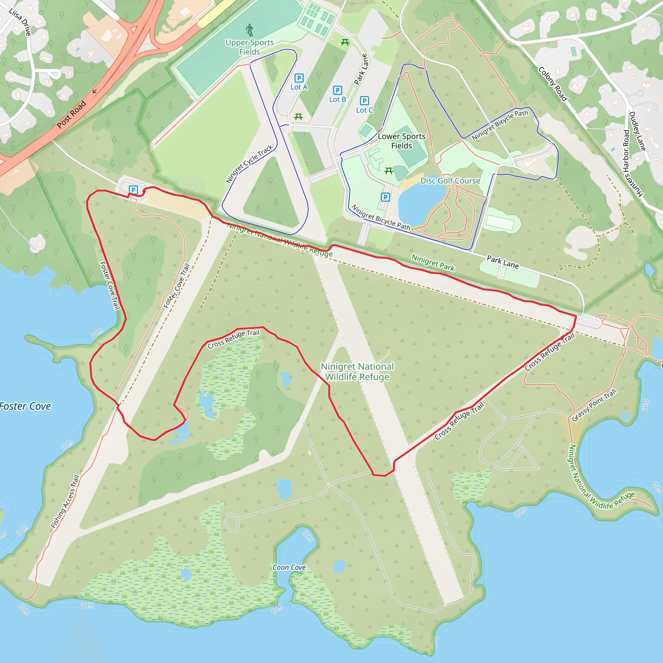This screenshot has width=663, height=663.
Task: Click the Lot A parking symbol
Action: point(299,78)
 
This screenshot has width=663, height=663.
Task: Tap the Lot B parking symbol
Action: point(338,90)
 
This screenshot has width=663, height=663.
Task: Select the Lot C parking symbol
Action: point(365,101)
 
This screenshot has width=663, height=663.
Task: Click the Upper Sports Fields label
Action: point(250,47)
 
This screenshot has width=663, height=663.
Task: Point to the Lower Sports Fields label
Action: point(401,141)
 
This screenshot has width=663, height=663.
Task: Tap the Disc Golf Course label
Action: point(450,181)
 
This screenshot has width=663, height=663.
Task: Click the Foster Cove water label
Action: point(25,406)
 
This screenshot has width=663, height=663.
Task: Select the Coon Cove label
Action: point(289,567)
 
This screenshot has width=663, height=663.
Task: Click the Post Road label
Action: point(71,115)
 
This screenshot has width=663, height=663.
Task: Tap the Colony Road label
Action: point(553,84)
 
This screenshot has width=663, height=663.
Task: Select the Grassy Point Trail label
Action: point(594,405)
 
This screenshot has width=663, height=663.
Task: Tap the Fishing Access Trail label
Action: point(65,502)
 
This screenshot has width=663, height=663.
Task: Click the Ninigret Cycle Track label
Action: point(250,164)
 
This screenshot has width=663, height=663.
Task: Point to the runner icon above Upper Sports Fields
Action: point(250,30)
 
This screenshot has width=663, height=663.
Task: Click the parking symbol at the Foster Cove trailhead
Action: point(133,190)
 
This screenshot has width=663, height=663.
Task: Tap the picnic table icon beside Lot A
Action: point(298,117)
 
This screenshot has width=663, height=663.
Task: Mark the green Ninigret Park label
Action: point(433,263)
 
